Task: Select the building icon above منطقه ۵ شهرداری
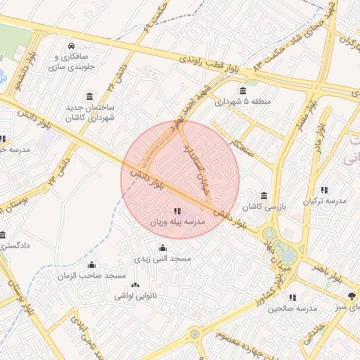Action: (x=243, y=91)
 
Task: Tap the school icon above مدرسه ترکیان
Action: (x=324, y=189)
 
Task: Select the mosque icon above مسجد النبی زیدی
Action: (x=163, y=247)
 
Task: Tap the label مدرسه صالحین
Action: (x=293, y=309)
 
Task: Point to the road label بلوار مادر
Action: (x=317, y=141)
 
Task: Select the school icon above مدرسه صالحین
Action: (x=293, y=297)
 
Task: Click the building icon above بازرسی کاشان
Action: (x=264, y=195)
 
